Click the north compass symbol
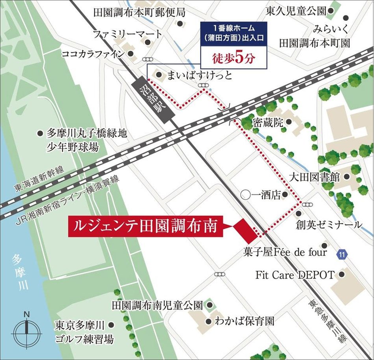coord(26,332)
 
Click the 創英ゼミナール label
coord(330,225)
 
